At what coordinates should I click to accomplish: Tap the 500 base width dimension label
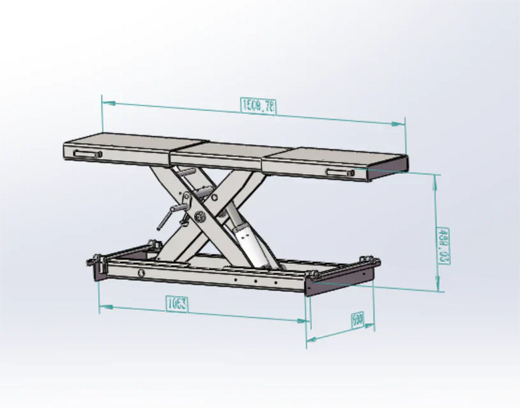point(357,320)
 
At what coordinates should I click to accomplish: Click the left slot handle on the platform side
point(88,154)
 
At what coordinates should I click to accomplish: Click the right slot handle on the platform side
point(340,171)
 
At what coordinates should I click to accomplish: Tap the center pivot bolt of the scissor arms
point(198,217)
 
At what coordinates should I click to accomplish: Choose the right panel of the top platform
point(331,160)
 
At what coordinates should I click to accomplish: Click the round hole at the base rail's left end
point(140,272)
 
